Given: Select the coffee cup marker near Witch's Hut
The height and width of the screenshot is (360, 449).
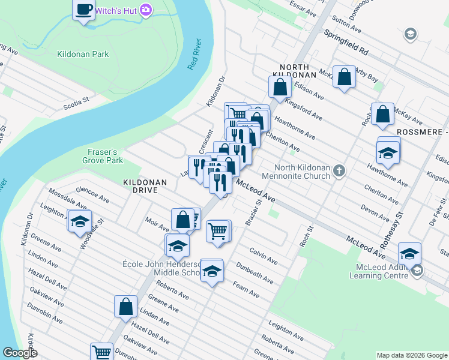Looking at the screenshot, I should click(x=84, y=9).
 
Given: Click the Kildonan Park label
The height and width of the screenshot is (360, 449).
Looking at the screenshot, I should click(x=83, y=54).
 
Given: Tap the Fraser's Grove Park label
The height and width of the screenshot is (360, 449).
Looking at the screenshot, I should click(x=103, y=156).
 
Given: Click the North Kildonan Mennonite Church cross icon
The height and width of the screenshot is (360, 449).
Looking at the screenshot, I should click(x=339, y=172).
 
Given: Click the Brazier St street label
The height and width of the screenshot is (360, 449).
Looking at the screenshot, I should click(x=253, y=212).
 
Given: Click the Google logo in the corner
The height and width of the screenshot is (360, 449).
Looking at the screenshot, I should click(x=20, y=353).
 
